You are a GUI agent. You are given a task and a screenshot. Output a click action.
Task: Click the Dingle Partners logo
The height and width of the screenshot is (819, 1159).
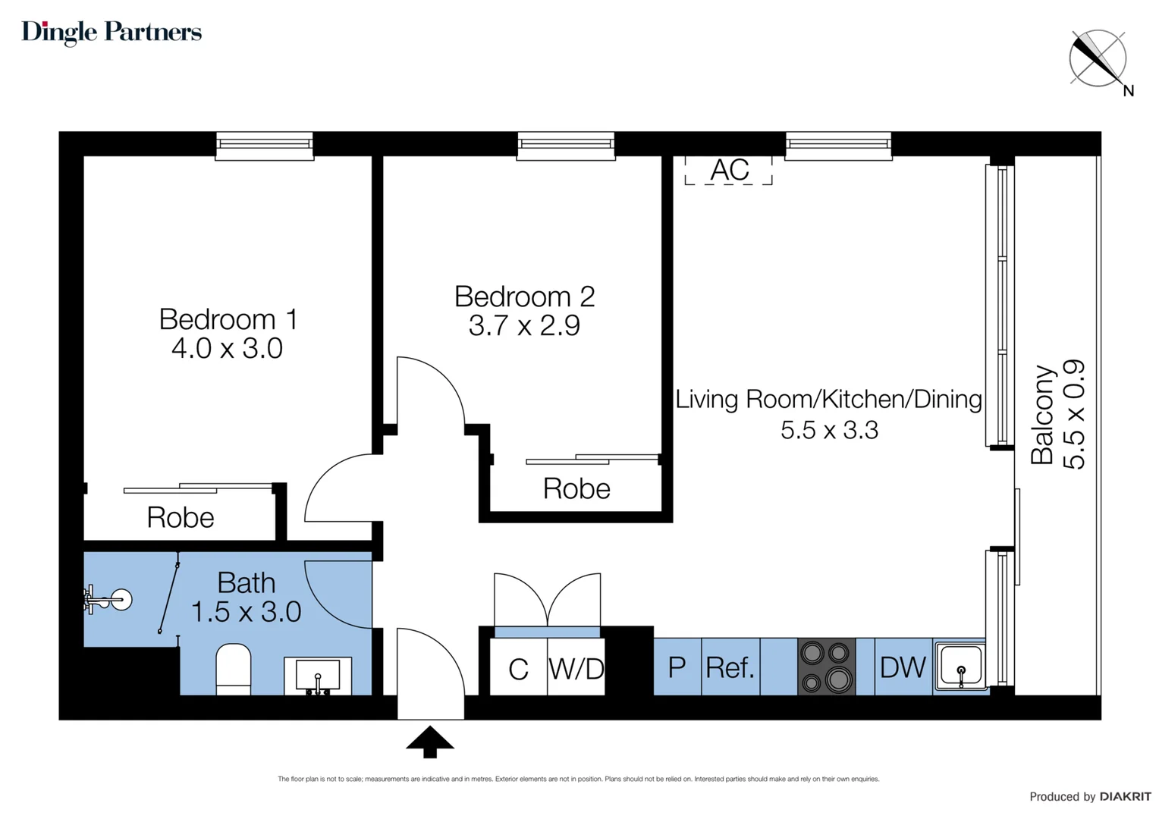pyautogui.click(x=112, y=32)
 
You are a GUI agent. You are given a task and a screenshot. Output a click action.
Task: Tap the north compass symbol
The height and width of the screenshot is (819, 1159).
pyautogui.click(x=1098, y=58)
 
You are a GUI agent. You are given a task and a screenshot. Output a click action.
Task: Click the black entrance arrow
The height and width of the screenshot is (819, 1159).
pyautogui.click(x=430, y=742)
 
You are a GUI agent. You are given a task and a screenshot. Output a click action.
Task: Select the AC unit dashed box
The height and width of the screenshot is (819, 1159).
pyautogui.click(x=728, y=171)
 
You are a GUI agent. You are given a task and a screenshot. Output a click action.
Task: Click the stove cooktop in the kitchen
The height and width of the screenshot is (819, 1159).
pyautogui.click(x=826, y=667)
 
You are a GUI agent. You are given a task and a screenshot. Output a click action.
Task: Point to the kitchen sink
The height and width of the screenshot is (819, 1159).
pyautogui.click(x=960, y=667)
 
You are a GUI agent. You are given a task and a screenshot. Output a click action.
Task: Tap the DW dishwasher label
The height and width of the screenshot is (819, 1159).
pyautogui.click(x=903, y=667)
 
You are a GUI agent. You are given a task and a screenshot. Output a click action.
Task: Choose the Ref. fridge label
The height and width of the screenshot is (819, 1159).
pyautogui.click(x=730, y=668)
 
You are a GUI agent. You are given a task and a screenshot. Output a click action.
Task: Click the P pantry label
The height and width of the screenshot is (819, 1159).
pyautogui.click(x=677, y=667)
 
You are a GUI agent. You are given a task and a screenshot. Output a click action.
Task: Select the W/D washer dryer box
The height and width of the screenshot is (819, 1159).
pyautogui.click(x=576, y=668)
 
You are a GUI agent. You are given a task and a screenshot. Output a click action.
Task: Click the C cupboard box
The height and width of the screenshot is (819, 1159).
pyautogui.click(x=518, y=668)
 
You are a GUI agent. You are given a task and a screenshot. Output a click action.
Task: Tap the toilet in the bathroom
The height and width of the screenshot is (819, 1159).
pyautogui.click(x=234, y=667)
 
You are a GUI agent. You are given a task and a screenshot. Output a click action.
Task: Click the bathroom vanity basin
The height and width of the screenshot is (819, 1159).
pyautogui.click(x=318, y=673)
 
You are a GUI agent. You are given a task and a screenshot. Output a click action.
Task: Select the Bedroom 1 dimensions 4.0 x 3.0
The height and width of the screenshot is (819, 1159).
pyautogui.click(x=227, y=349)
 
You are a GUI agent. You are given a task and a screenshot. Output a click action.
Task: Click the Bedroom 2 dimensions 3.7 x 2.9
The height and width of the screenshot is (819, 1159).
pyautogui.click(x=524, y=326)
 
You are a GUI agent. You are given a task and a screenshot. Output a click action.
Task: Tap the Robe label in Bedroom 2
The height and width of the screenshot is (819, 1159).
pyautogui.click(x=576, y=489)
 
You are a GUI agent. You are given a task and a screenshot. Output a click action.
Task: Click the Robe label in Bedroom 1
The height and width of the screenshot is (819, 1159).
pyautogui.click(x=181, y=518)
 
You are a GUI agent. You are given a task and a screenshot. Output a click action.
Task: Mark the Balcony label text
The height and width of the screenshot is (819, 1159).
pyautogui.click(x=1043, y=415)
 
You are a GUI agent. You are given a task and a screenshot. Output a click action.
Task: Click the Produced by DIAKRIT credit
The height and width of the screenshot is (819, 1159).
pyautogui.click(x=1090, y=796)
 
